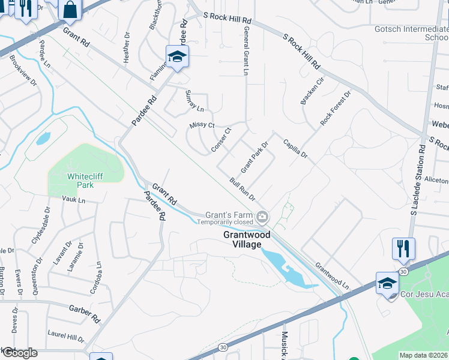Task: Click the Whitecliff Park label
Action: pyautogui.click(x=80, y=181)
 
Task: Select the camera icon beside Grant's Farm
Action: pyautogui.click(x=262, y=217)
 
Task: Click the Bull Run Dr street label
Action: pyautogui.click(x=243, y=189)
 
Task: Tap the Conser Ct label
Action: pyautogui.click(x=221, y=140)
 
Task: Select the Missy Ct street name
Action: pyautogui.click(x=202, y=125)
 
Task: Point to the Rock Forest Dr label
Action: pyautogui.click(x=335, y=109)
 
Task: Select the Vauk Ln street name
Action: pyautogui.click(x=74, y=199)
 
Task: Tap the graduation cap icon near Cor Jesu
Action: pyautogui.click(x=387, y=283)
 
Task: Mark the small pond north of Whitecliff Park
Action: pyautogui.click(x=43, y=139)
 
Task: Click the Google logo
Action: pyautogui.click(x=19, y=353)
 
